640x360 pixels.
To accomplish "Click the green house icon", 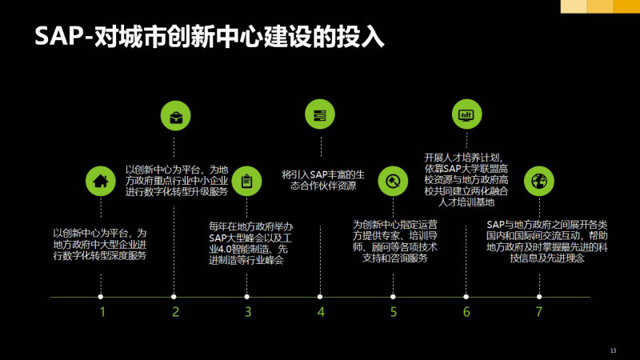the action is click(101, 181).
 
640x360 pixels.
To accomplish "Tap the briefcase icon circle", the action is click(175, 116).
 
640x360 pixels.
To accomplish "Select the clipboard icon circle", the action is click(246, 181).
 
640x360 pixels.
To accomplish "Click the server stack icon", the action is click(320, 114).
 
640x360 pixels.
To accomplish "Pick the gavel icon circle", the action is click(393, 181).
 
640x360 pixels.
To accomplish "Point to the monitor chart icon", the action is click(467, 114).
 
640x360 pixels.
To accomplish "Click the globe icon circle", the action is click(539, 181).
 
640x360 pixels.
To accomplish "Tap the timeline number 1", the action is click(102, 312).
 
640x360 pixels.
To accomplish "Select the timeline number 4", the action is click(321, 312).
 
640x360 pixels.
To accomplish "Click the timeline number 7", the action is click(539, 312).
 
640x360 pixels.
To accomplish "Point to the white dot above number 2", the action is click(174, 297).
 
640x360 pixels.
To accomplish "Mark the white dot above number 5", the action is click(393, 297).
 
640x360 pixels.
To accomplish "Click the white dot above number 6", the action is click(466, 297).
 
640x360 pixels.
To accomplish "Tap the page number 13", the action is click(613, 350).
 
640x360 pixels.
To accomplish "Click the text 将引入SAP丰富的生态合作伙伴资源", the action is click(323, 181).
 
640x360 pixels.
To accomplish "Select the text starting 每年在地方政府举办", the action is click(250, 243).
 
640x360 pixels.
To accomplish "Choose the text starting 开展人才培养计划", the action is click(466, 179).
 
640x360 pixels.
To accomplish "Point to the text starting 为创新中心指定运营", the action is click(395, 242).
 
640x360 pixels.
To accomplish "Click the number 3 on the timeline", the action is click(248, 312).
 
